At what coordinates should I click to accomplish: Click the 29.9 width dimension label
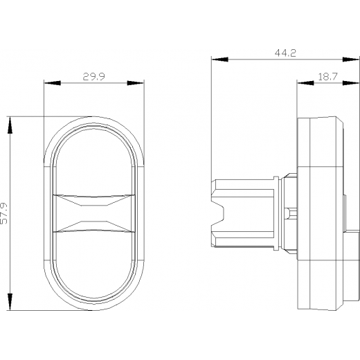[x=93, y=77]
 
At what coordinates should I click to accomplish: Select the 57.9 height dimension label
[x=4, y=213]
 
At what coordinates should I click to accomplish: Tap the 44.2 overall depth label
[x=285, y=53]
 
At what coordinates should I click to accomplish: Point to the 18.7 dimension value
[x=327, y=77]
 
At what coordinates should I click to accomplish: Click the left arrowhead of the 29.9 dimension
[x=53, y=83]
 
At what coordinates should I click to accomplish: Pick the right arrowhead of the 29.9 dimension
[x=136, y=83]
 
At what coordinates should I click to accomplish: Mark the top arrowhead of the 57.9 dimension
[x=10, y=125]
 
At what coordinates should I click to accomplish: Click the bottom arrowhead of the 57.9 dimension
[x=10, y=302]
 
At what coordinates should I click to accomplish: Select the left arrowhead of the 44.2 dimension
[x=220, y=60]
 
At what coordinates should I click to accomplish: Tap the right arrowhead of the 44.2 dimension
[x=351, y=60]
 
